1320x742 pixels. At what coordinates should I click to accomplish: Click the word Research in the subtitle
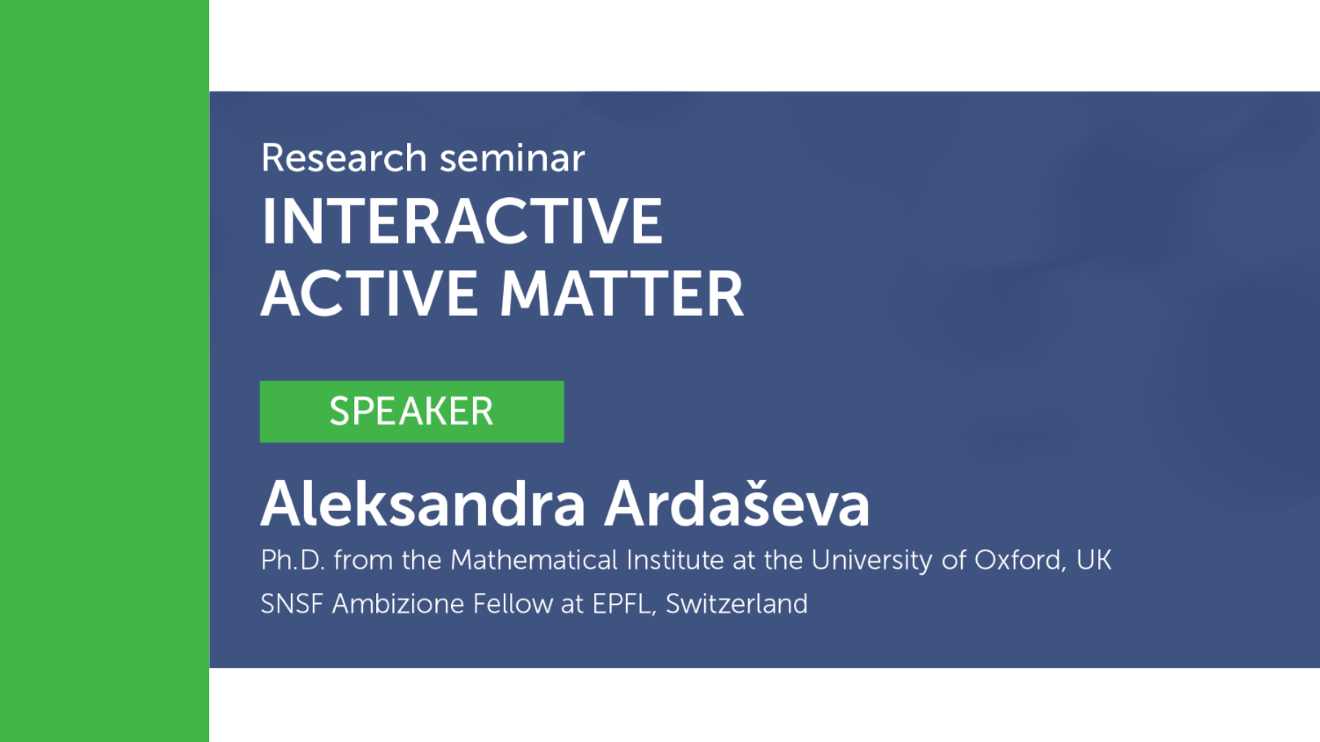[344, 158]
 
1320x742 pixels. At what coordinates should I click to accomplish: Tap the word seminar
[512, 158]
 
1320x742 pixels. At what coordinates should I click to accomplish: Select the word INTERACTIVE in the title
[462, 221]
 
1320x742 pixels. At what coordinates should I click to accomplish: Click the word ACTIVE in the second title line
[369, 293]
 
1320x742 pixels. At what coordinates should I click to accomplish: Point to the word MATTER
[621, 293]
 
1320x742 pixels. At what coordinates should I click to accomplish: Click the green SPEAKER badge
[412, 412]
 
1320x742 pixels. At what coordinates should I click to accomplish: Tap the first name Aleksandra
[423, 504]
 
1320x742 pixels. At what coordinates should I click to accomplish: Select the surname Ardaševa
[737, 504]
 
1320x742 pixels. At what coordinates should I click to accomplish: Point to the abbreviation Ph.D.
[292, 560]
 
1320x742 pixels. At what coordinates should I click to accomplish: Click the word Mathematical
[534, 560]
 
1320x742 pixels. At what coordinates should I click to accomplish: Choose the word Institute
[675, 560]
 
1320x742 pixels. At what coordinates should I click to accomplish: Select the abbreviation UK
[1094, 560]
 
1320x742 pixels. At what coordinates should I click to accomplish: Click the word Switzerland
[736, 604]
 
